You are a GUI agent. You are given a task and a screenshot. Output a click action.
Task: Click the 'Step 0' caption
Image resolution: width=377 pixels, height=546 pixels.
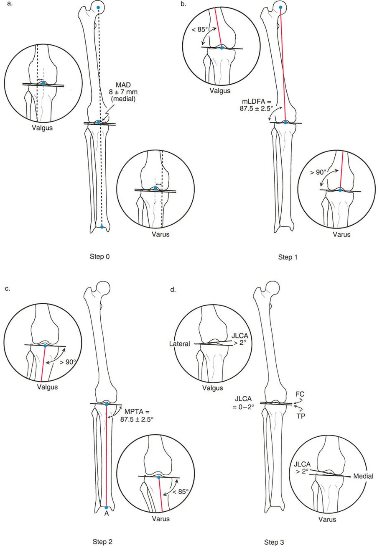(x=99, y=256)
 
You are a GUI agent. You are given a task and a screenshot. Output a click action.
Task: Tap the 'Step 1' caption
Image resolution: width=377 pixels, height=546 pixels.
(x=288, y=257)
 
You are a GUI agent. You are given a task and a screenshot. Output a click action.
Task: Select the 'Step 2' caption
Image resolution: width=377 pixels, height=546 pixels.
(x=102, y=542)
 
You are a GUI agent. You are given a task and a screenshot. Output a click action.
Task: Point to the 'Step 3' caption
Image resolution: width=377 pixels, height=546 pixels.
(x=274, y=542)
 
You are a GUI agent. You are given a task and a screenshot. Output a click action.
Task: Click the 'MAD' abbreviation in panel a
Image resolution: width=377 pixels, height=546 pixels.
(x=123, y=85)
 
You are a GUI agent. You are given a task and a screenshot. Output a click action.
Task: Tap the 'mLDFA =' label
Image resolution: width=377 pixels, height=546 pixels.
(x=256, y=101)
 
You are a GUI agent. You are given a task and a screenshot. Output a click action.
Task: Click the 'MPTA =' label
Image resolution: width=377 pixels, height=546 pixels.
(x=137, y=412)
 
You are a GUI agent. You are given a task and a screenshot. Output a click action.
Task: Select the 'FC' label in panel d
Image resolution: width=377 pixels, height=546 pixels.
(x=300, y=394)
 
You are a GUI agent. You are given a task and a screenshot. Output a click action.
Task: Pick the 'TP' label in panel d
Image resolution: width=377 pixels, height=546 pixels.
(x=301, y=416)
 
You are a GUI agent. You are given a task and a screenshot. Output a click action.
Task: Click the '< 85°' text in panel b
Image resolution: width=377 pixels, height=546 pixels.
(x=200, y=29)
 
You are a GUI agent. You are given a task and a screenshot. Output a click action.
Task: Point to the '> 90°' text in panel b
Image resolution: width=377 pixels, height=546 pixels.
(x=318, y=172)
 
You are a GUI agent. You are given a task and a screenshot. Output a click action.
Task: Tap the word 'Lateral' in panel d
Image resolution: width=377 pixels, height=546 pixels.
(x=179, y=344)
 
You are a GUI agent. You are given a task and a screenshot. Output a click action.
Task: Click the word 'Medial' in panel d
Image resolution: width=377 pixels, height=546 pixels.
(x=363, y=476)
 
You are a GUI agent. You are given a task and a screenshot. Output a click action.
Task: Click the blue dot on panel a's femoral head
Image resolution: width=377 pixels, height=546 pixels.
(x=98, y=8)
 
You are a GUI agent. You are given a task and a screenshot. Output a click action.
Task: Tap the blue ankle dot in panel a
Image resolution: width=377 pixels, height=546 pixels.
(x=102, y=227)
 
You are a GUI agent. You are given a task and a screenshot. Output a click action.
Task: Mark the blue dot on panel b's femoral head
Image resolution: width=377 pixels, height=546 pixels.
(x=280, y=8)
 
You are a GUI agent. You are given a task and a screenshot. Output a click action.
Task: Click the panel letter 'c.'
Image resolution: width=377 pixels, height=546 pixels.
(x=7, y=289)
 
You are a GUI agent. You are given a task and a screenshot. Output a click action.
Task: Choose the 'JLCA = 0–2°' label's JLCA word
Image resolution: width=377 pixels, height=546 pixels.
(x=243, y=399)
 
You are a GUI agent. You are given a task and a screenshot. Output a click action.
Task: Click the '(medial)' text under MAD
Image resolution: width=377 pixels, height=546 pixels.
(x=123, y=99)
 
